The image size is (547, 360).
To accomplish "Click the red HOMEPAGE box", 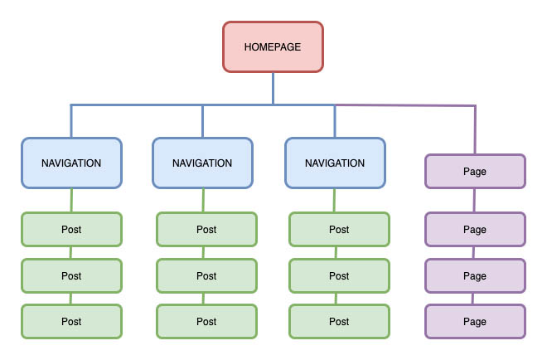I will [273, 46].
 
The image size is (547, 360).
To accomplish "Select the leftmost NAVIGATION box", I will [71, 163].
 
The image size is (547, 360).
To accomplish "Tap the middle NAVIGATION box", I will [202, 163].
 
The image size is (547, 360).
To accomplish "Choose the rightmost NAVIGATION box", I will [335, 163].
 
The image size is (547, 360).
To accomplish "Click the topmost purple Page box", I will [475, 172].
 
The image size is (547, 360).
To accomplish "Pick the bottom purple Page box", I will [475, 321].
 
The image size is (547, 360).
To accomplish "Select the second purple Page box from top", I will [475, 230].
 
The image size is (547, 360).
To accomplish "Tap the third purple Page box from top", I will [475, 275].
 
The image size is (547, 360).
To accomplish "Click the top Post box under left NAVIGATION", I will [71, 230].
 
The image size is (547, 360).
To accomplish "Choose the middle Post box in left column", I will [71, 275].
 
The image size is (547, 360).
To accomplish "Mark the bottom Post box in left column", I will [71, 321].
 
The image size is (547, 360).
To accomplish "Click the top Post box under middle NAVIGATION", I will [206, 230].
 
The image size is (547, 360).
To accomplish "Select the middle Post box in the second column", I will [206, 275].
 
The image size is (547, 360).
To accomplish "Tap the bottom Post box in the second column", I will [206, 321].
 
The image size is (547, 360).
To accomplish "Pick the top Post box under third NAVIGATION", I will [339, 230].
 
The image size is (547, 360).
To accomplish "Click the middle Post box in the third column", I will [339, 275].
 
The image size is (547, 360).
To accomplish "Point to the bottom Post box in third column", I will [339, 321].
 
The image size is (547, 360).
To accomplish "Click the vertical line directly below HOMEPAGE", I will [273, 88].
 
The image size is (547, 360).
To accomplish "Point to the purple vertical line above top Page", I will [475, 130].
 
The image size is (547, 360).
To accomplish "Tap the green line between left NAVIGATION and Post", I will [71, 200].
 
